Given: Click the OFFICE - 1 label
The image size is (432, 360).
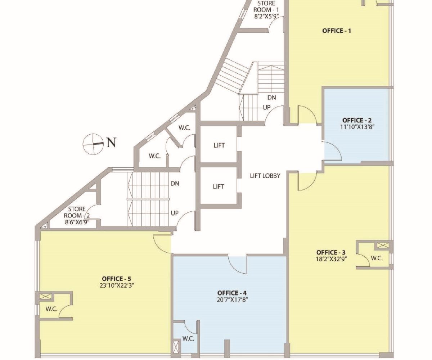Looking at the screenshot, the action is tap(337, 31).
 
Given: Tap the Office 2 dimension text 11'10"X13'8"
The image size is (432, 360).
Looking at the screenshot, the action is tap(357, 127).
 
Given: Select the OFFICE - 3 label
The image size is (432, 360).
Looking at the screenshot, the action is tap(331, 252).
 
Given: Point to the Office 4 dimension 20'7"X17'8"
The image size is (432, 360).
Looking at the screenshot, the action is tap(232, 300).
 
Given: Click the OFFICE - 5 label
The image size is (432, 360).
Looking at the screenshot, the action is tap(117, 279).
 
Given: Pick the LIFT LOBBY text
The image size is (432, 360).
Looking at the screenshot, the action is tap(265, 176).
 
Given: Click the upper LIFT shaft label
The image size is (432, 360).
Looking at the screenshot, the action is tap(219, 145).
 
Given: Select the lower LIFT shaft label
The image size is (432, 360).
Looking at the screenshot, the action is tap(218, 186).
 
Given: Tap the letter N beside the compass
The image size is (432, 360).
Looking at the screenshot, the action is tap(111, 143).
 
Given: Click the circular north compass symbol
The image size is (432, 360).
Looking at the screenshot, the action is tap(93, 144).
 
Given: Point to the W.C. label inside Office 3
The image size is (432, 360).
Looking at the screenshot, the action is tap(377, 258).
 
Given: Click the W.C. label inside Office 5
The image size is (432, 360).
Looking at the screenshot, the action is tap(51, 309).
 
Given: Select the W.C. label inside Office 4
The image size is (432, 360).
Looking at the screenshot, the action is tap(188, 339).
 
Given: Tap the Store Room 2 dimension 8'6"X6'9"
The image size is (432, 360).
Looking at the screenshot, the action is tap(77, 222).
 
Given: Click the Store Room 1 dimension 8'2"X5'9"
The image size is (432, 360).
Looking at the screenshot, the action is tap(267, 16).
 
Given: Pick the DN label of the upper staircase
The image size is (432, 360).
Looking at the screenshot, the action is tap(272, 98).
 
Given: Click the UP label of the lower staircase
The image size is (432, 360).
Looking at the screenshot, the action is tap(175, 213).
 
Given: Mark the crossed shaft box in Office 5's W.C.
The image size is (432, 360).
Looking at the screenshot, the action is tap(45, 297).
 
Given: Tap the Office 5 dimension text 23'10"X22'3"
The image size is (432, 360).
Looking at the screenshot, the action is tap(117, 286).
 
